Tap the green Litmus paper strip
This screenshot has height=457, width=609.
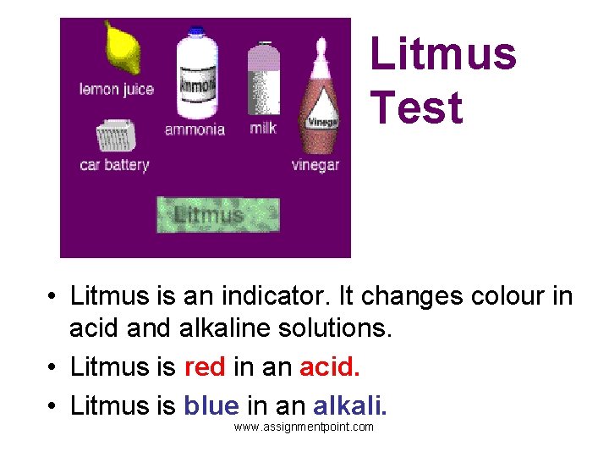(x=217, y=214)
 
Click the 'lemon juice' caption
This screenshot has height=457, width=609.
(x=116, y=89)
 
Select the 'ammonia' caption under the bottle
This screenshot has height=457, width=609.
(x=195, y=129)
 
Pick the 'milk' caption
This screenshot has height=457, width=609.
(x=263, y=129)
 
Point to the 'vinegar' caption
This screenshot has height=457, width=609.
(x=315, y=165)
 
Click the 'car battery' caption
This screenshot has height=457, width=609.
(x=114, y=165)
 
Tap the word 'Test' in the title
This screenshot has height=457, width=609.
(x=416, y=108)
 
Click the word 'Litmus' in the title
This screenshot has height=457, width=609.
(x=442, y=53)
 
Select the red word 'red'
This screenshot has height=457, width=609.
(x=205, y=367)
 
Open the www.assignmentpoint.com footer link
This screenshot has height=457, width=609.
(x=304, y=427)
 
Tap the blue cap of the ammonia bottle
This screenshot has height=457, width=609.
(x=196, y=31)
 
